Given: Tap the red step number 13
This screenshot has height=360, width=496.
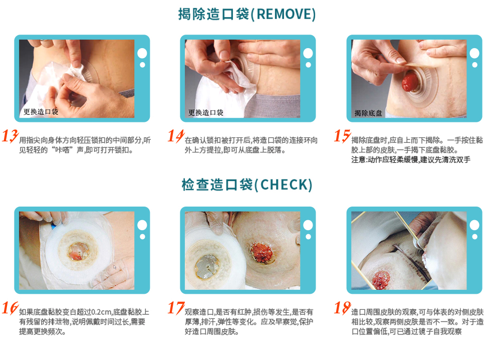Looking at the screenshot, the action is pyautogui.click(x=10, y=136).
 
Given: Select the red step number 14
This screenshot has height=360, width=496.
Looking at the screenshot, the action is pyautogui.click(x=176, y=136).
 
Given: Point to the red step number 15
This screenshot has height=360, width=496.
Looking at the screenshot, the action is pyautogui.click(x=342, y=136).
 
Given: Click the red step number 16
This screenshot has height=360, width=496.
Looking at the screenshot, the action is pyautogui.click(x=10, y=308).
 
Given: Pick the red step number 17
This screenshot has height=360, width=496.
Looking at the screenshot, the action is pyautogui.click(x=176, y=308).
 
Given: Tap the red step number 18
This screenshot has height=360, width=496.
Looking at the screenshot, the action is pyautogui.click(x=342, y=308).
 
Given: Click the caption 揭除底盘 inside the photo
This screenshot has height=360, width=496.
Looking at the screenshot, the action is pyautogui.click(x=368, y=113).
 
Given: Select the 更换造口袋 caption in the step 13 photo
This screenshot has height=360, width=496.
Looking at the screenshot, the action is pyautogui.click(x=41, y=112).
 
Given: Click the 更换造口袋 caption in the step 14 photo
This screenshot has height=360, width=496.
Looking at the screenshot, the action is pyautogui.click(x=206, y=112).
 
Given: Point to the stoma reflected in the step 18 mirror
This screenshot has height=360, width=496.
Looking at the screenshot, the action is pyautogui.click(x=381, y=279).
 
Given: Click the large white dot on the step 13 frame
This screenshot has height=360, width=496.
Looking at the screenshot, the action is pyautogui.click(x=142, y=53).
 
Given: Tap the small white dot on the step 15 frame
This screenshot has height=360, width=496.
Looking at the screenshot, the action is pyautogui.click(x=474, y=65).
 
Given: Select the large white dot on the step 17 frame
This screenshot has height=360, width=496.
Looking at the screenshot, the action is pyautogui.click(x=308, y=225).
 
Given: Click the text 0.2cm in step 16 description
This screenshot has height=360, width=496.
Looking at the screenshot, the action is pyautogui.click(x=101, y=312).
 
